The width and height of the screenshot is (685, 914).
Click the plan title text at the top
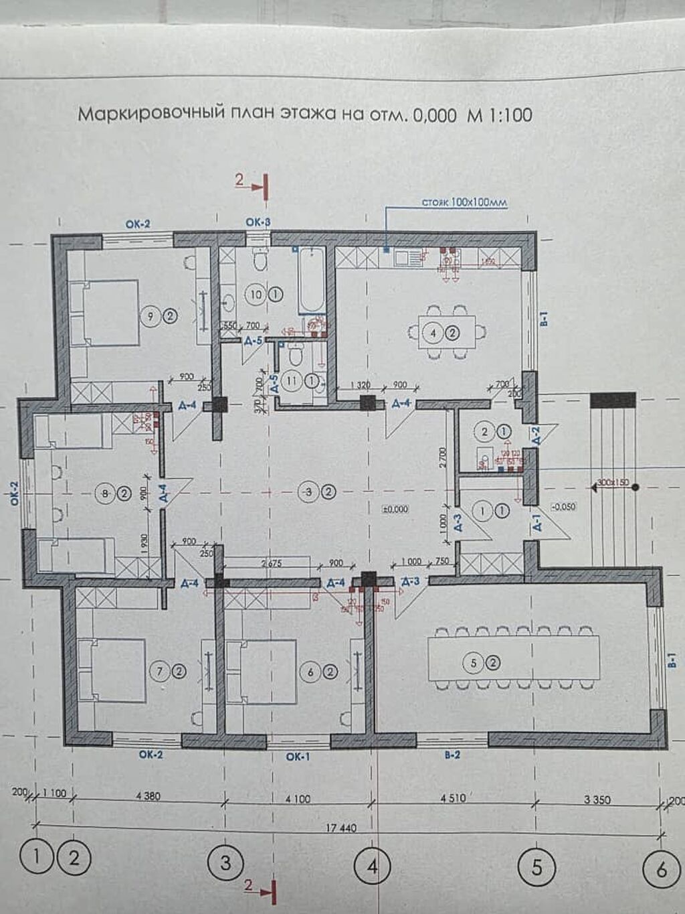tap(305, 115)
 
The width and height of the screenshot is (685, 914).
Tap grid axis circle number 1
tap(35, 858)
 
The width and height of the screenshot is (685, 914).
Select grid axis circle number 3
tap(225, 863)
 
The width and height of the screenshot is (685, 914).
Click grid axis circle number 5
tap(536, 868)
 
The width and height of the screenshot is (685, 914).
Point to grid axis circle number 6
tap(661, 870)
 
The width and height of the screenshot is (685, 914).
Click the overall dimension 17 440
tap(341, 828)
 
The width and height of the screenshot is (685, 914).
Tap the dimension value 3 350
tap(597, 799)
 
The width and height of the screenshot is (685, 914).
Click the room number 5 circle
tap(473, 663)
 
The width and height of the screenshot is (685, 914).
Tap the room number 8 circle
tap(105, 494)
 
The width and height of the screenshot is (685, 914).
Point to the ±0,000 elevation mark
tap(395, 510)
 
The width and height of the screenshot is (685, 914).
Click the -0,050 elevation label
tap(564, 507)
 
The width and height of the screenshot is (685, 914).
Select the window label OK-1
tap(298, 757)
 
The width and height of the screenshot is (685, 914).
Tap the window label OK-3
tap(258, 222)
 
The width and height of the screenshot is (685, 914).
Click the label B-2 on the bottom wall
tap(453, 755)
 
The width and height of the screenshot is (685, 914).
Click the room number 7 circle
tap(160, 671)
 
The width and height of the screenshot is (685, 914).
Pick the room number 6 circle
tap(310, 672)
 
